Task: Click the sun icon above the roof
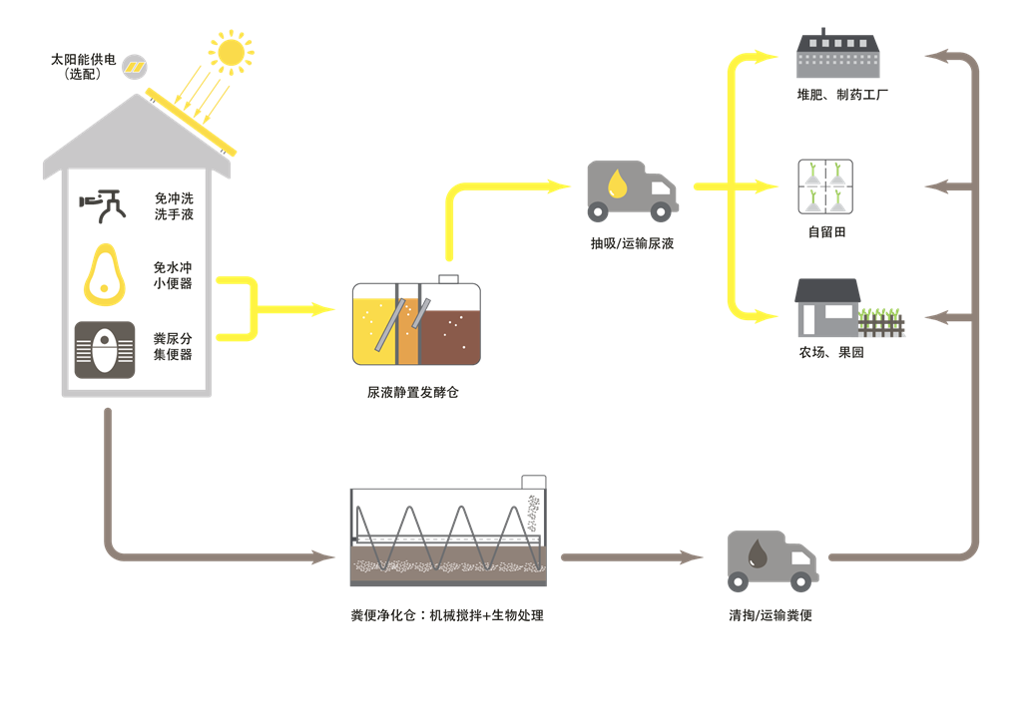click(232, 52)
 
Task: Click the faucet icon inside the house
click(105, 203)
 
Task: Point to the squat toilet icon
click(104, 349)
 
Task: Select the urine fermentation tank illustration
click(416, 322)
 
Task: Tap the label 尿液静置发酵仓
click(413, 393)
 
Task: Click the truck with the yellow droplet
click(632, 190)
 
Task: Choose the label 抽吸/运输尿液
click(632, 242)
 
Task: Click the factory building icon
click(838, 55)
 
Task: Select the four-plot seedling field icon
click(824, 187)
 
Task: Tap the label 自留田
click(826, 232)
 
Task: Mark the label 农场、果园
click(830, 352)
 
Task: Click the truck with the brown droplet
click(773, 561)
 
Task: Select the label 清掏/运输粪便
click(771, 615)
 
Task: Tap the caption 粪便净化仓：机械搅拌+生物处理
click(447, 615)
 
